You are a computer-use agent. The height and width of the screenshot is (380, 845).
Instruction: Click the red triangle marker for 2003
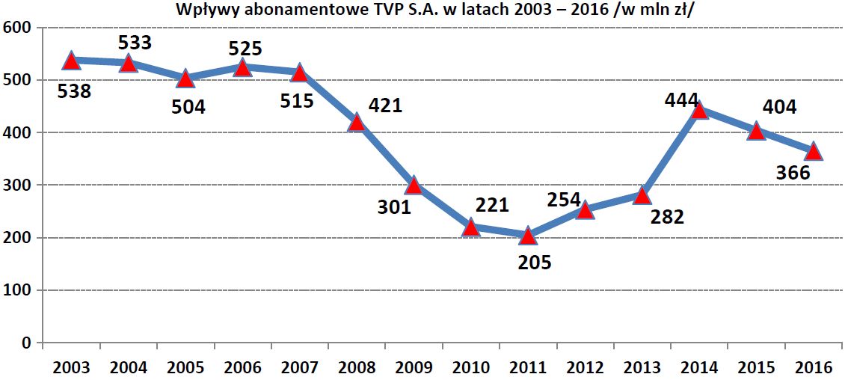[72, 61]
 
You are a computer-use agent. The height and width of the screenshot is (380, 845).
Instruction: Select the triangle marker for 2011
[528, 236]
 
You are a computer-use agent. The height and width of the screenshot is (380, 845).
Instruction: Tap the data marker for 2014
[699, 111]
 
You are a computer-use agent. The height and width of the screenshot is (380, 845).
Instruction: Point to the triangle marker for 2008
[357, 122]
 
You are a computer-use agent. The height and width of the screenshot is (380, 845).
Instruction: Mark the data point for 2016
[814, 152]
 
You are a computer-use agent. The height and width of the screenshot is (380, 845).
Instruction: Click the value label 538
[73, 92]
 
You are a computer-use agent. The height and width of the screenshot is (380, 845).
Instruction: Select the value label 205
[533, 263]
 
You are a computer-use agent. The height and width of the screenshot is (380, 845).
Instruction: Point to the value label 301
[394, 206]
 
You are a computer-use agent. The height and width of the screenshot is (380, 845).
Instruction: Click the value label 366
[793, 173]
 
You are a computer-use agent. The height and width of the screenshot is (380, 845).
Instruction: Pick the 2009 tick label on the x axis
[414, 367]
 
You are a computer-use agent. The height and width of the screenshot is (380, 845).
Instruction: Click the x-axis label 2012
[585, 367]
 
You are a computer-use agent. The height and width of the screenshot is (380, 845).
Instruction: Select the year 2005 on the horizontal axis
[185, 367]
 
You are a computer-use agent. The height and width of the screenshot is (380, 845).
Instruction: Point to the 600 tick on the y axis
[16, 28]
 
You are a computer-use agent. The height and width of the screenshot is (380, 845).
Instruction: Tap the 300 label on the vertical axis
[16, 185]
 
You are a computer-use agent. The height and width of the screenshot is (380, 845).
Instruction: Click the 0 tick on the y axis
[25, 343]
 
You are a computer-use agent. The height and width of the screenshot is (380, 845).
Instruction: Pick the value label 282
[667, 217]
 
